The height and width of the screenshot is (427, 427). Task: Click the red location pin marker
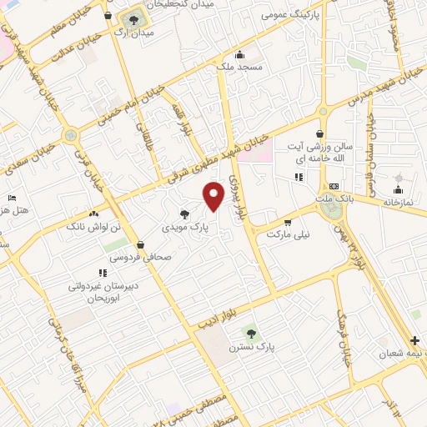(214, 196)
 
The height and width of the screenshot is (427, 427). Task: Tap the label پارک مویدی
(184, 226)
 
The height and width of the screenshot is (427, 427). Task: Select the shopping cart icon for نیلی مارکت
(288, 223)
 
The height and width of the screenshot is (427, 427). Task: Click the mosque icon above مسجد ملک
(240, 53)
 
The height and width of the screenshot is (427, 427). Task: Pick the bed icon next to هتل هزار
(12, 197)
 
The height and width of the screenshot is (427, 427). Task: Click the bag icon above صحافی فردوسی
(139, 245)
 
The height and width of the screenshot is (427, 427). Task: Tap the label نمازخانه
(398, 203)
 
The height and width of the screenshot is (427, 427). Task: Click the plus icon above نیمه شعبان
(415, 340)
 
